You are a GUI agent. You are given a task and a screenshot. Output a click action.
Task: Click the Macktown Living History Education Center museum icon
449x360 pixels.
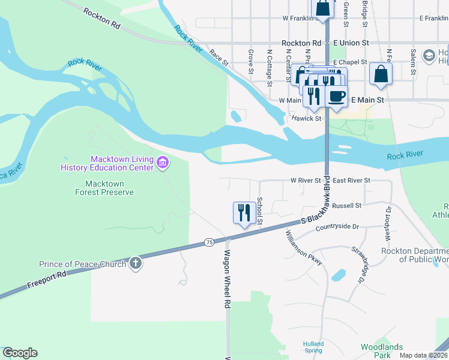(162, 163)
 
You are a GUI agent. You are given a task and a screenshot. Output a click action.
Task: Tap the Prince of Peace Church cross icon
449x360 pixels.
(136, 263)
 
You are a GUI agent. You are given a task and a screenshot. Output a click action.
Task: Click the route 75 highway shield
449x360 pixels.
(209, 242)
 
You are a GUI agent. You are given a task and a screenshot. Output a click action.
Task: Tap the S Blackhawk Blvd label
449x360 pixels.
(316, 212)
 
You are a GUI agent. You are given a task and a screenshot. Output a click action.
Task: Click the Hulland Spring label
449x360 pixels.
(313, 347)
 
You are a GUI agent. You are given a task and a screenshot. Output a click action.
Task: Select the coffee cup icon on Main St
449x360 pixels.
(336, 97)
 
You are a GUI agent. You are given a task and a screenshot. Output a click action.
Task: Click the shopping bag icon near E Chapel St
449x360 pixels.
(381, 74)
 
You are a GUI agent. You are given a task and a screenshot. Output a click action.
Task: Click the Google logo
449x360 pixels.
(20, 353)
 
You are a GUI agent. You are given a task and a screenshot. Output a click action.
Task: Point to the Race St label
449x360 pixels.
(218, 58)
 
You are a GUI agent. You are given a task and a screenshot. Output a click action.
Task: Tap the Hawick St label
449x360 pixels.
(307, 118)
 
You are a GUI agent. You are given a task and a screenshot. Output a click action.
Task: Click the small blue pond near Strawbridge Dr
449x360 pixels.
(338, 275)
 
